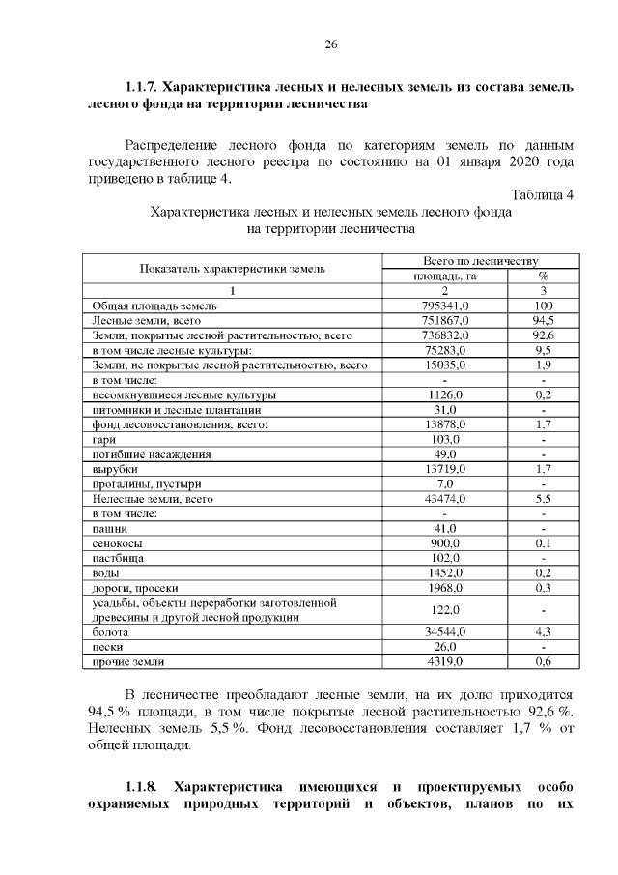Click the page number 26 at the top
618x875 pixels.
[330, 44]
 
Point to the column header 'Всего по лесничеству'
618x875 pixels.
[479, 261]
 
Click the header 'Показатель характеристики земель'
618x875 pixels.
[232, 268]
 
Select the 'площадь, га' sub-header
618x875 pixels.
[445, 276]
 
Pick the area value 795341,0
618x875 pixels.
[445, 306]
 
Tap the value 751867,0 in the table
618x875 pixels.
[445, 320]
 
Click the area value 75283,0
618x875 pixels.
[445, 349]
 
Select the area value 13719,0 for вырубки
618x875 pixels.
[445, 468]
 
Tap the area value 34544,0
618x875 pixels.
[445, 631]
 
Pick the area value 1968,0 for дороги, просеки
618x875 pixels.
[445, 587]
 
